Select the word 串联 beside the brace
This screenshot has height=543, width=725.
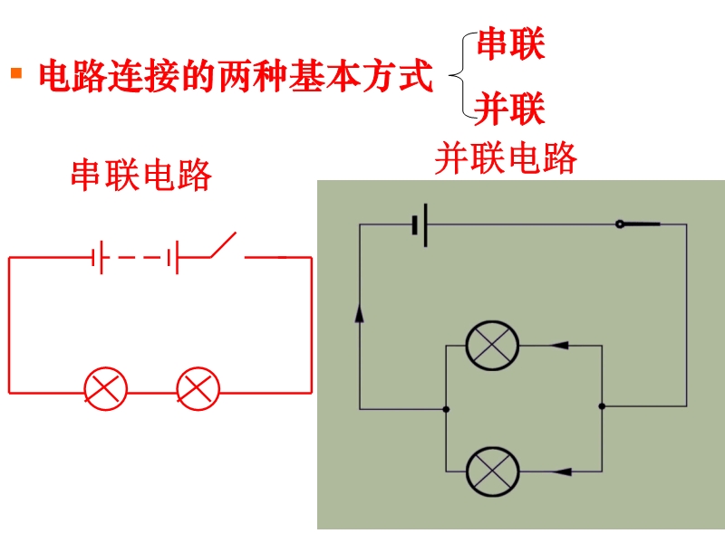point(510,44)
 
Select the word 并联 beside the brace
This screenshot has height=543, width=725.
point(510,110)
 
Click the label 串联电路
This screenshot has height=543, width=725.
point(141,176)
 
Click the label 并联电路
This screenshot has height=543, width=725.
point(506,158)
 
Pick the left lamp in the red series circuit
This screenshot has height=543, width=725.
point(106,390)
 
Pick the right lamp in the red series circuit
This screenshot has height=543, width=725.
point(198,390)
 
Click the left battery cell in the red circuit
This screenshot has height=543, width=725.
point(99,258)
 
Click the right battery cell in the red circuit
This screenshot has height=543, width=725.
point(174,258)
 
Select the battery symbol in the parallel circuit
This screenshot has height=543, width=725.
point(420,224)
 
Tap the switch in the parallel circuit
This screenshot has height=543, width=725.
point(639,224)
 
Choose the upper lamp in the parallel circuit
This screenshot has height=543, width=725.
point(492,346)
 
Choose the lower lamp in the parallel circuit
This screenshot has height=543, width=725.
point(492,471)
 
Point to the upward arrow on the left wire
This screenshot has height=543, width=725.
point(360,312)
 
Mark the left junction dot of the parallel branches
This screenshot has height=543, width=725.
point(446,409)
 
